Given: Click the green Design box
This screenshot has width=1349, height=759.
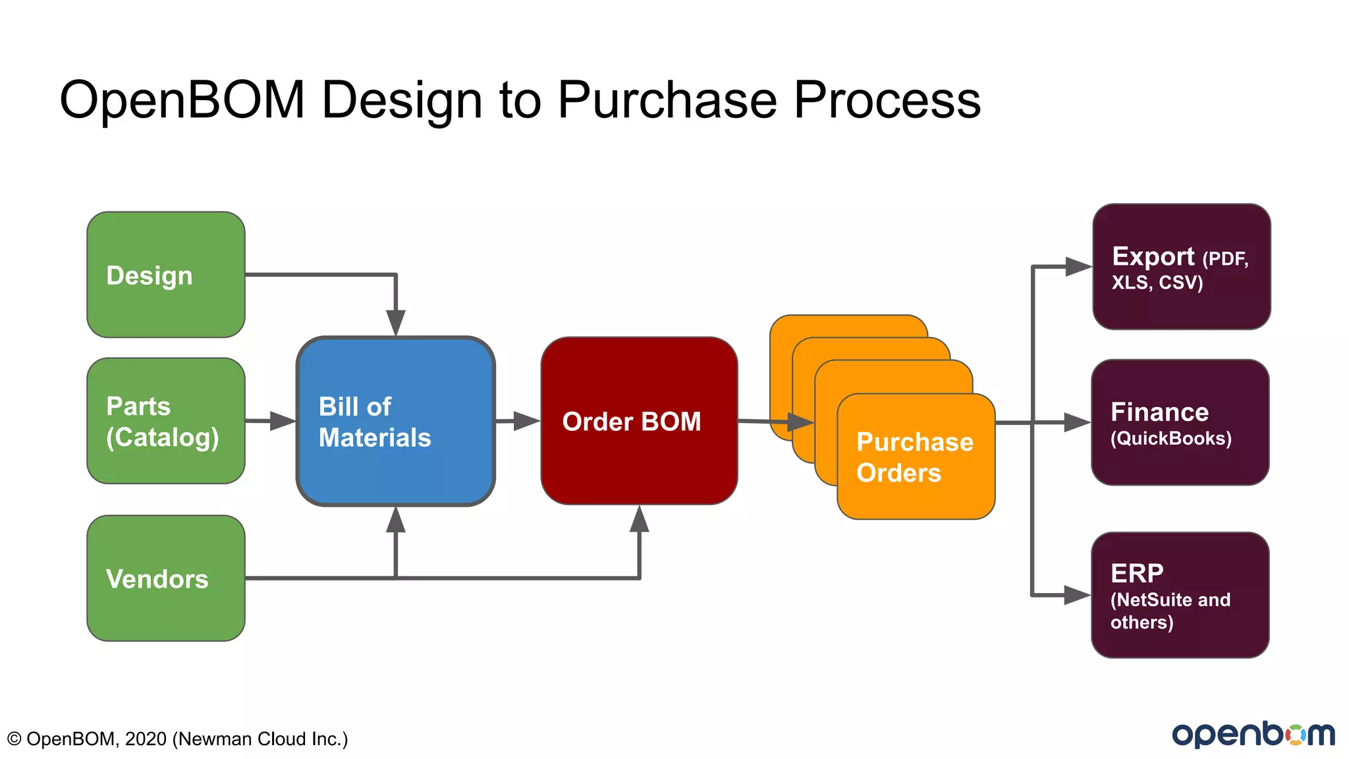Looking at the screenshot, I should [166, 275].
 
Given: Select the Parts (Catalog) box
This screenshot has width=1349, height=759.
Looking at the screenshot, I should [166, 421].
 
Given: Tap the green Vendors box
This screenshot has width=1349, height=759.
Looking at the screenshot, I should [166, 578].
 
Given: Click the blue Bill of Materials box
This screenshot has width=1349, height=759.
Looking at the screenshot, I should [395, 422].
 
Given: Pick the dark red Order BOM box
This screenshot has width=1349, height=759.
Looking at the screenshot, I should [639, 421].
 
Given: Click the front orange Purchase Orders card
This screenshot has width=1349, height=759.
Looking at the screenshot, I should [916, 457].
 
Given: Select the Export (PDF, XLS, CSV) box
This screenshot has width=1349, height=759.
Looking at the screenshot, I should [1181, 267].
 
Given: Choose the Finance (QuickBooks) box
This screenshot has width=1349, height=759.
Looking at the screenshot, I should [1180, 422].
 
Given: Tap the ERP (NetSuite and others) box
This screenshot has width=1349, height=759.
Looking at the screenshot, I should [1180, 595].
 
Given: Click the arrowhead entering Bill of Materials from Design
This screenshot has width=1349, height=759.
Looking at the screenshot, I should [395, 323].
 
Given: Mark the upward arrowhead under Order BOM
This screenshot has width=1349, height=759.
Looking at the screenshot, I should [639, 520].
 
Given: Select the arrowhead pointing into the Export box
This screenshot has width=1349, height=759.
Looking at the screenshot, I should [1078, 267].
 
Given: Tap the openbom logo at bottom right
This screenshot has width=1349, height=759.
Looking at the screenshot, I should [1253, 734].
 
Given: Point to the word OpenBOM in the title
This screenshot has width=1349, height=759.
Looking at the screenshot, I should [182, 100].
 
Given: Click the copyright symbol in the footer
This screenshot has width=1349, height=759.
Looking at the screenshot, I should [14, 739].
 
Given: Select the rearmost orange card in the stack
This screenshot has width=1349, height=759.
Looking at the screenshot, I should [848, 325].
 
